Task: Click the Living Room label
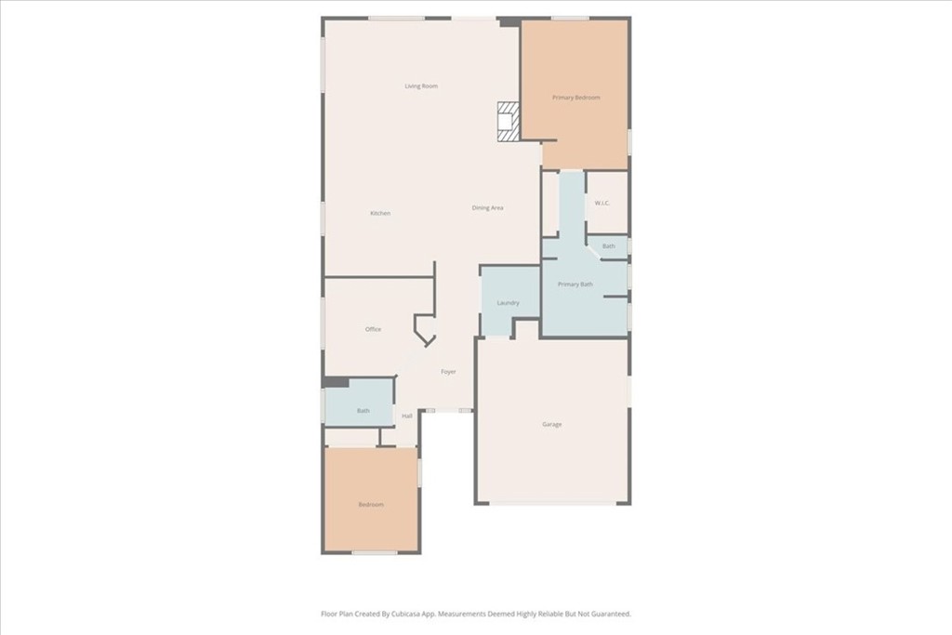(x=421, y=86)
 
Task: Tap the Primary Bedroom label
(x=576, y=97)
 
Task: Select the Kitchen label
(x=380, y=213)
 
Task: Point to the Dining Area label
(x=487, y=207)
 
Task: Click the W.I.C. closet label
(x=602, y=203)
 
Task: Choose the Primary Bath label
(x=575, y=284)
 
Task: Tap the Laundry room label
(x=509, y=303)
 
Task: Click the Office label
(x=374, y=329)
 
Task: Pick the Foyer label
(x=449, y=372)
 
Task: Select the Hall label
(x=407, y=416)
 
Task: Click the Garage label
(x=552, y=424)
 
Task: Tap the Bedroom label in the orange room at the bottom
(x=371, y=505)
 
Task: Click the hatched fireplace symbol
(x=509, y=122)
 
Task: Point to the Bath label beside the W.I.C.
(x=609, y=245)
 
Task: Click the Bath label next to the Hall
(x=364, y=410)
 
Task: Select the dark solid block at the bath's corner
(x=336, y=382)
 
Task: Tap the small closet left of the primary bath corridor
(x=550, y=204)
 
